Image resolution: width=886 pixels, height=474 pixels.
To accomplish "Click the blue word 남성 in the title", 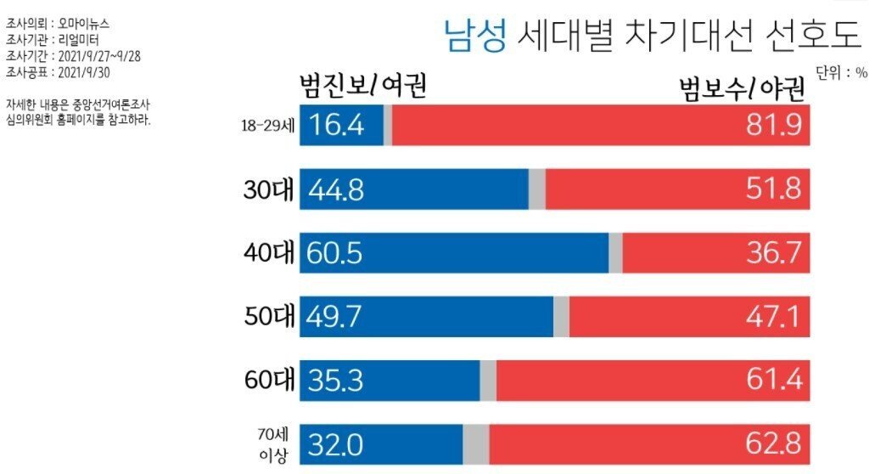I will [476, 36].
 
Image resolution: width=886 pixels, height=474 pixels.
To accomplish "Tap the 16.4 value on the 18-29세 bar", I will [336, 126].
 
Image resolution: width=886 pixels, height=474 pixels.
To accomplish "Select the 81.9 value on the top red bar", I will [771, 126].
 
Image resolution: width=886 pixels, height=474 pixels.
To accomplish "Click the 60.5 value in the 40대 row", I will [336, 253].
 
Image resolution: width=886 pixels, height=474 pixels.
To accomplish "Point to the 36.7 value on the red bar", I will [771, 253].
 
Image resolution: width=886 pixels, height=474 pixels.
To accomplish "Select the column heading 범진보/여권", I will [362, 85].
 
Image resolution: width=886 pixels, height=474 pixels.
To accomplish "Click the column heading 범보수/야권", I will [743, 87].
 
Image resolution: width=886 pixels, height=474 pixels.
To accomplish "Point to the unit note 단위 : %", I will [842, 73].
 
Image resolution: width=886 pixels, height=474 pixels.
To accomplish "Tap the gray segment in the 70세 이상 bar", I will [475, 444].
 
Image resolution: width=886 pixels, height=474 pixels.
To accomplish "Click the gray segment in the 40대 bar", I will [615, 253].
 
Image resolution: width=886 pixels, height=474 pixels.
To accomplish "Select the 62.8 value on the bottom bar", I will [771, 444].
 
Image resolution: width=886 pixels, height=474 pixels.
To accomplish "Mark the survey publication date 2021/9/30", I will [81, 71].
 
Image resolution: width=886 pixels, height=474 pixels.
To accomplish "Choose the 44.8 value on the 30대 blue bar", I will [336, 189].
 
